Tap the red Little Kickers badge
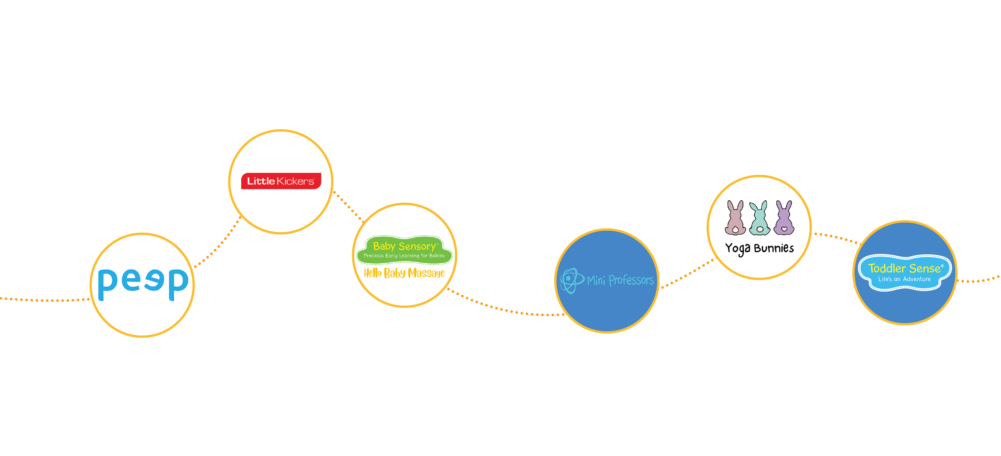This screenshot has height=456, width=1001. (281, 181)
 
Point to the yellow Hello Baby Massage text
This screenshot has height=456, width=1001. (404, 273)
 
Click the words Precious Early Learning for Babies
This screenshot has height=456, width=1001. (404, 255)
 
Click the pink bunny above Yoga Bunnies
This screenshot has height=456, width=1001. (735, 218)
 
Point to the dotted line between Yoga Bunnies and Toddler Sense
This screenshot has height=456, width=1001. (835, 237)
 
